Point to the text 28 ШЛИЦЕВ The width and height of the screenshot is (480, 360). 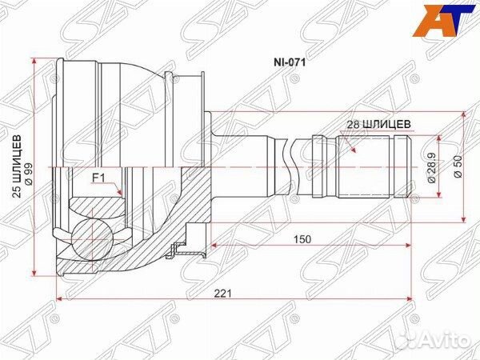[380, 124]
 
